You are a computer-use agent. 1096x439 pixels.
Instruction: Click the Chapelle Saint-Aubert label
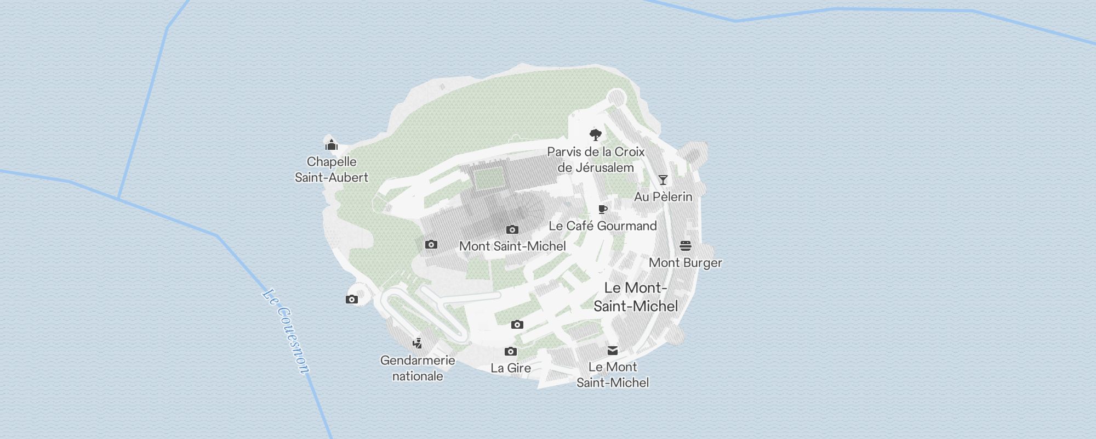click(x=332, y=170)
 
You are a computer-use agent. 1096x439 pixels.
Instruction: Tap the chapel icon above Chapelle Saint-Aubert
click(x=332, y=145)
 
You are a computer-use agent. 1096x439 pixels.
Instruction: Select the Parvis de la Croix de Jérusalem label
click(x=596, y=160)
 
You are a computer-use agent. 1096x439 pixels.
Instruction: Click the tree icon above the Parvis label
click(x=596, y=135)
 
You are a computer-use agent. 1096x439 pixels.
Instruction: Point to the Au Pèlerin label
click(x=663, y=196)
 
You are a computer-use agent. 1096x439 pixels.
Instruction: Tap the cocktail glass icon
click(x=663, y=180)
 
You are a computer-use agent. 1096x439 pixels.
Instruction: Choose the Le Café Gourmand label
click(x=603, y=226)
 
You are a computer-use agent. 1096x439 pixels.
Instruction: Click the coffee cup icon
click(x=603, y=209)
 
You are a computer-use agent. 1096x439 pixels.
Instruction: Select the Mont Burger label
click(x=686, y=263)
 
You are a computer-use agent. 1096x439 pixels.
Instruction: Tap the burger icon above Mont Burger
click(x=686, y=246)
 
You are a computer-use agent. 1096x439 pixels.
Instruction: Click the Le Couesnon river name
click(x=286, y=332)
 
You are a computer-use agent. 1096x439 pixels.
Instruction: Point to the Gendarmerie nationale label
click(x=418, y=368)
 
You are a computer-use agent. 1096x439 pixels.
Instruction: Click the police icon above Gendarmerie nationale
click(x=418, y=344)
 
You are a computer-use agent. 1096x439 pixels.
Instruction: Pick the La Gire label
click(x=511, y=368)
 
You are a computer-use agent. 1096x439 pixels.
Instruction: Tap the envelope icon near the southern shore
click(x=613, y=351)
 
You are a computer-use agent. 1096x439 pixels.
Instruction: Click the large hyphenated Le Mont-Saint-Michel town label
click(x=636, y=297)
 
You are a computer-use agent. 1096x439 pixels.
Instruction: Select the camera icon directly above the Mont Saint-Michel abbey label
click(x=512, y=229)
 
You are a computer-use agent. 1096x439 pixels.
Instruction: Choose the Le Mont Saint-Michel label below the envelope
click(x=613, y=375)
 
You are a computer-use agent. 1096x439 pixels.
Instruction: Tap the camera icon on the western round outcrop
click(x=352, y=300)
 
